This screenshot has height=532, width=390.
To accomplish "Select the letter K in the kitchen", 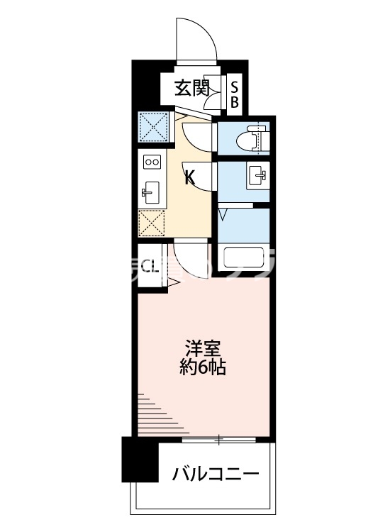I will (189, 178).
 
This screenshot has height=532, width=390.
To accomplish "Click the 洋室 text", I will (204, 349).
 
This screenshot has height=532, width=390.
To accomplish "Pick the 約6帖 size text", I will (204, 368).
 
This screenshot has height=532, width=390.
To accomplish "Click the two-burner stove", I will (152, 162).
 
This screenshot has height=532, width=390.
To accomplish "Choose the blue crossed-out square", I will (152, 127).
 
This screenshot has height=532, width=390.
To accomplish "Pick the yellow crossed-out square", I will (152, 224).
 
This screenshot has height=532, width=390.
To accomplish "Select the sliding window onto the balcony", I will (220, 440).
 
